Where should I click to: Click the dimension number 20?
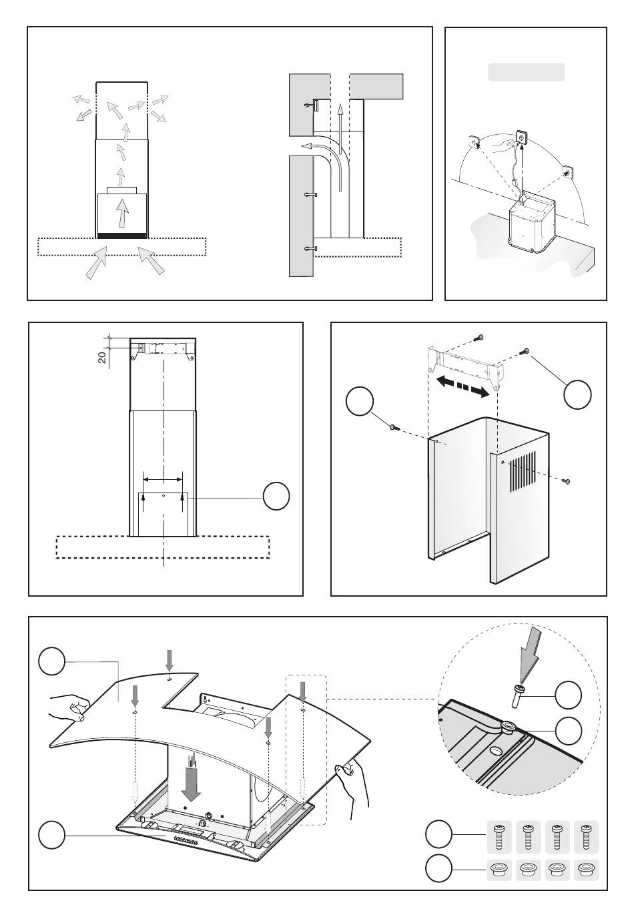(x=102, y=356)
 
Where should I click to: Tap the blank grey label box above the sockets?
(x=527, y=72)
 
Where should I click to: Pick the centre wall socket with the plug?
(x=521, y=139)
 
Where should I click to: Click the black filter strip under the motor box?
(x=122, y=235)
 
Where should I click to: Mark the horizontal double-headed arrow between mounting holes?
(x=163, y=479)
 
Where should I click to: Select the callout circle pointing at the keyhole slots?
(x=276, y=497)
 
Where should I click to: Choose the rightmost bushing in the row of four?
(x=587, y=870)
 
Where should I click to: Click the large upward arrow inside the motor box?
(x=121, y=212)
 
